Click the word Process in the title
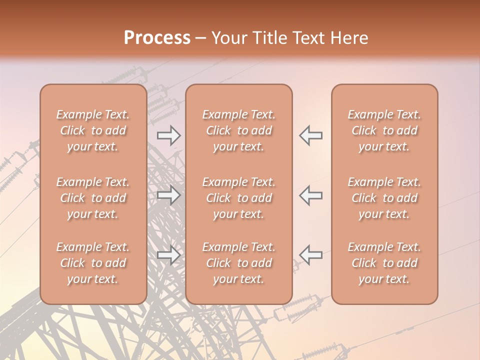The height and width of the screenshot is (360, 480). pyautogui.click(x=157, y=37)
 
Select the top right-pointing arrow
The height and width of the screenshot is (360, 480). pyautogui.click(x=169, y=135)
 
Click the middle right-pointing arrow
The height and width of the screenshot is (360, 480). pyautogui.click(x=169, y=195)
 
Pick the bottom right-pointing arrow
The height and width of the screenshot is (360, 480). pyautogui.click(x=169, y=255)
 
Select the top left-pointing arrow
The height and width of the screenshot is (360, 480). pyautogui.click(x=310, y=135)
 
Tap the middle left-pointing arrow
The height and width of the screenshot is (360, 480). pyautogui.click(x=310, y=195)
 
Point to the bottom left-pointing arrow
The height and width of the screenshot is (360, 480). pyautogui.click(x=310, y=255)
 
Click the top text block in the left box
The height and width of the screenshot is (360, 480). pyautogui.click(x=93, y=130)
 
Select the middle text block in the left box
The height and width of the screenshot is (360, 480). pyautogui.click(x=93, y=198)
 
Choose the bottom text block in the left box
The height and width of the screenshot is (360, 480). pyautogui.click(x=93, y=263)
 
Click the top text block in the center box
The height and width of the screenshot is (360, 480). pyautogui.click(x=239, y=130)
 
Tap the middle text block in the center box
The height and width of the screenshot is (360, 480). pyautogui.click(x=239, y=198)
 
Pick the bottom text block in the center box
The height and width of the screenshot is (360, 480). pyautogui.click(x=239, y=263)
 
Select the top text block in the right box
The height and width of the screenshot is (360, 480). pyautogui.click(x=384, y=130)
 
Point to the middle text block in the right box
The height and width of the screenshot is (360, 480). pyautogui.click(x=384, y=198)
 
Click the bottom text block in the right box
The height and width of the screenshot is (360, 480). pyautogui.click(x=384, y=263)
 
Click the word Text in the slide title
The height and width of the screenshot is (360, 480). pyautogui.click(x=307, y=37)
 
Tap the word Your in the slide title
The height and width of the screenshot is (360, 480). pyautogui.click(x=227, y=37)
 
